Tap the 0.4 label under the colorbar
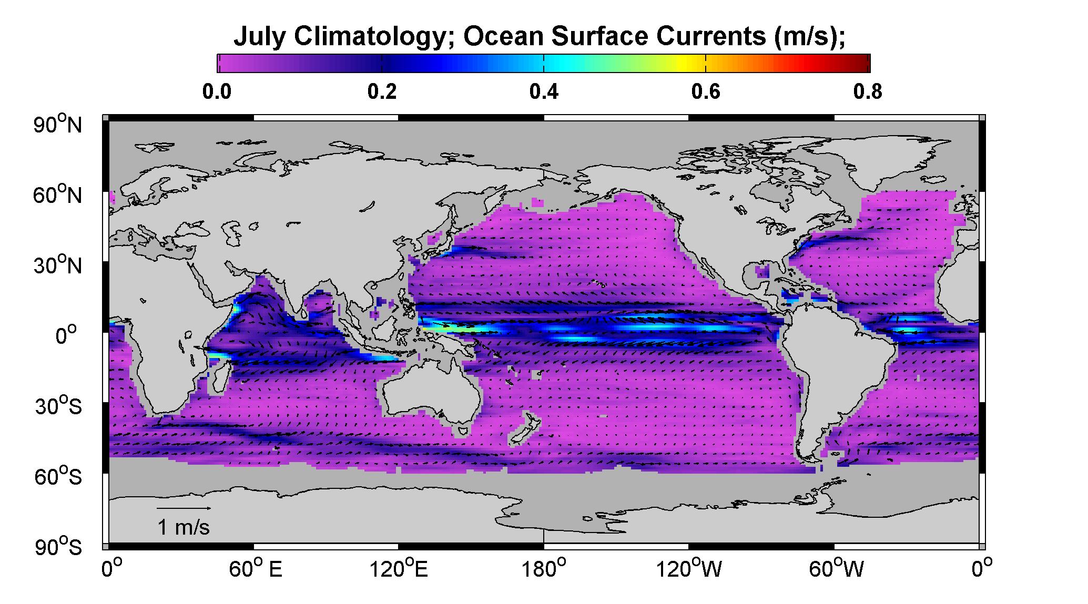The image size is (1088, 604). pos(543,92)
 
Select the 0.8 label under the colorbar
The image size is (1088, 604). pos(868,92)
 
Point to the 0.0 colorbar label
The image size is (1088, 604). pos(217,92)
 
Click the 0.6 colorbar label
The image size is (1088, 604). pos(706,92)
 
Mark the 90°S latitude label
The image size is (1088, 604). pos(58,547)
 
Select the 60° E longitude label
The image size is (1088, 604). pos(256,569)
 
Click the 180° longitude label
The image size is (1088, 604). pos(544,569)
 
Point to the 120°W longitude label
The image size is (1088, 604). pos(688,569)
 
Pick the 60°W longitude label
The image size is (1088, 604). pos(836,569)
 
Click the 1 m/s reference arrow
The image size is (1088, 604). pos(184,508)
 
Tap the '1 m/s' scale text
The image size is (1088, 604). pos(184,527)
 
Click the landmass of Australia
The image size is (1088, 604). pos(431,392)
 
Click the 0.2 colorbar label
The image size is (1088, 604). pos(382,92)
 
